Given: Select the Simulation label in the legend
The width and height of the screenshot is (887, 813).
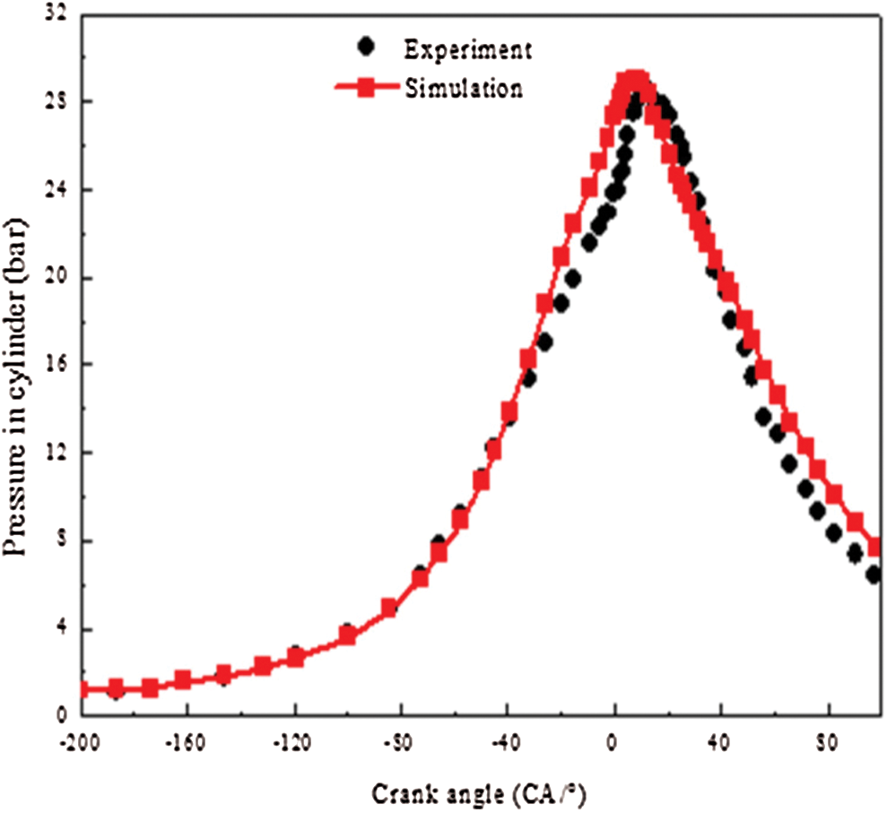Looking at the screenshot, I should tap(464, 89).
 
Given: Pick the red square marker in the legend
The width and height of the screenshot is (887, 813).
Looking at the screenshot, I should tap(365, 88).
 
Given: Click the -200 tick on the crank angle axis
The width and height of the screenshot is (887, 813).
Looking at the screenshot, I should tap(83, 744).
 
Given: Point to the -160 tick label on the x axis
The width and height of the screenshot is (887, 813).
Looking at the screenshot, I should tap(187, 744).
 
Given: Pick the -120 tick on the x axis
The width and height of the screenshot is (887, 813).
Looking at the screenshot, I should tap(294, 744).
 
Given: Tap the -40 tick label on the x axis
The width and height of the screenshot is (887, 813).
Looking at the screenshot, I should tap(507, 744).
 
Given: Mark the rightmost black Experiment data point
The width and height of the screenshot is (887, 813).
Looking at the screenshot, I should tap(874, 575).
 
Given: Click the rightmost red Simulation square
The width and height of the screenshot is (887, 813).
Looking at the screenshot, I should tap(876, 547).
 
